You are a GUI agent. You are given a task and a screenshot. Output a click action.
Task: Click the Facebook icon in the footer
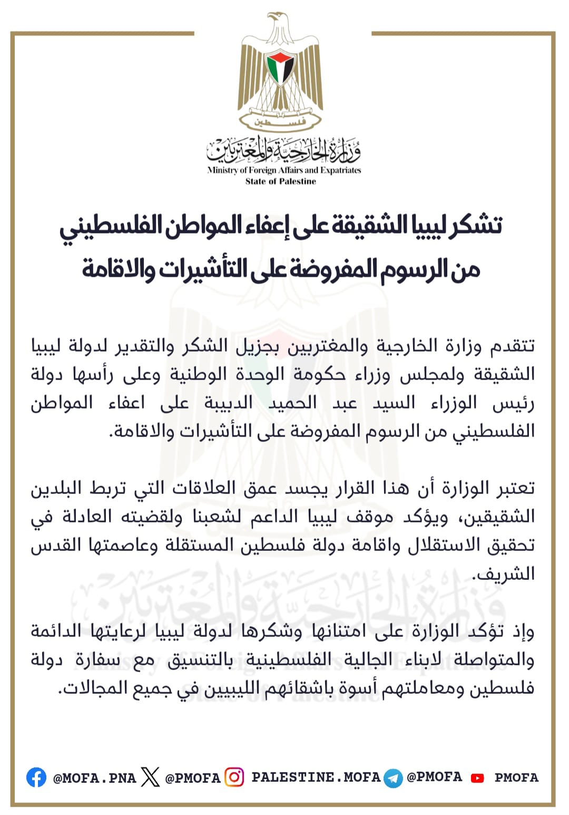point(36,777)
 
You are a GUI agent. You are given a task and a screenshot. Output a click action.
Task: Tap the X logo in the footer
point(150,777)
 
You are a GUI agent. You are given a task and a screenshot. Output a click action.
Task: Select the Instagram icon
point(234,777)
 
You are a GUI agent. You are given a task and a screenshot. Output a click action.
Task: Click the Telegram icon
point(393,778)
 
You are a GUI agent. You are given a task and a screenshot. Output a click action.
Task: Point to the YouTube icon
point(477,778)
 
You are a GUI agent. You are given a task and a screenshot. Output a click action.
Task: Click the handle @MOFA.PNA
point(94,778)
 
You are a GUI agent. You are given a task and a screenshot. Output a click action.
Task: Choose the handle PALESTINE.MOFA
point(316,777)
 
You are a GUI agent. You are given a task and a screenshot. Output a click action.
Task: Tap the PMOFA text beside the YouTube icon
point(516,778)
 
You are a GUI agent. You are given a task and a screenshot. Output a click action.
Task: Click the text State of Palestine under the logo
point(281,181)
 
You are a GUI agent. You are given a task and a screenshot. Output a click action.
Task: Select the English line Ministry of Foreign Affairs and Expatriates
point(284,170)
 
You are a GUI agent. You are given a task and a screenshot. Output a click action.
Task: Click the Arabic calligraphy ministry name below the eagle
point(284,150)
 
